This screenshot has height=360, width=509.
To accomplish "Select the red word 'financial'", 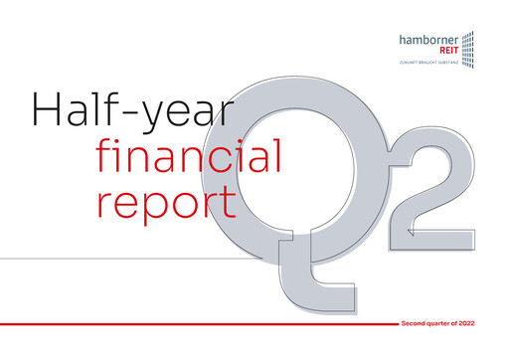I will (x=190, y=156).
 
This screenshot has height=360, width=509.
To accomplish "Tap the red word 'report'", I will (x=166, y=201).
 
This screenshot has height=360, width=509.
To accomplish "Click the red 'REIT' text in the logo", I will (x=448, y=52).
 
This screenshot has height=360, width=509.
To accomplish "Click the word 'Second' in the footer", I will (x=416, y=325).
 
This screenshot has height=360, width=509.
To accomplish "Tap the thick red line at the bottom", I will (x=199, y=325).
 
